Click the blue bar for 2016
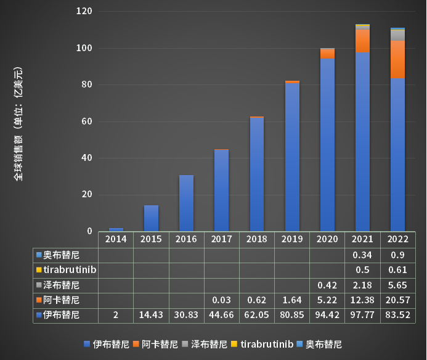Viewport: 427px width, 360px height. [x=186, y=203]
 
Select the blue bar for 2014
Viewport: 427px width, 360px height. [x=116, y=229]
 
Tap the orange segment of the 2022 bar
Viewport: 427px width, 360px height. [x=397, y=59]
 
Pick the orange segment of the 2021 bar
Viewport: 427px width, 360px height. [x=362, y=41]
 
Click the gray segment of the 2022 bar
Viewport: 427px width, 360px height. [x=397, y=35]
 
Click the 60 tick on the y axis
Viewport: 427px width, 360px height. [x=87, y=121]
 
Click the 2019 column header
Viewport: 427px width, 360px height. [x=292, y=239]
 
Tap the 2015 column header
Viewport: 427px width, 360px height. [x=152, y=239]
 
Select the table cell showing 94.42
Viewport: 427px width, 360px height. [x=327, y=315]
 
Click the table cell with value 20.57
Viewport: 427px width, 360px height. [x=397, y=300]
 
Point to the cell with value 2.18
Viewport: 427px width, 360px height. [x=362, y=285]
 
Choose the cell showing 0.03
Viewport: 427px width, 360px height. [x=222, y=300]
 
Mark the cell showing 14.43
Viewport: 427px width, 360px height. [x=152, y=315]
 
